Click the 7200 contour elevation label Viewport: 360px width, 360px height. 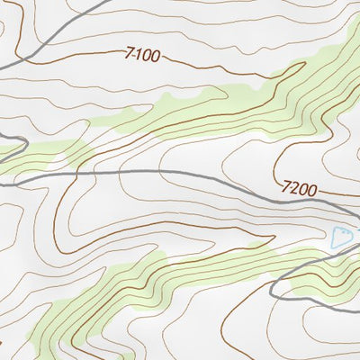point(299,189)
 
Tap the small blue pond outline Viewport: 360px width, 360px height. point(340,238)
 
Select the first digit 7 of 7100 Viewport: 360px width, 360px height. point(130,53)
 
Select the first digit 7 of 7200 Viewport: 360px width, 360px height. point(285,186)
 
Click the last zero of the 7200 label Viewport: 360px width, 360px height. point(312,192)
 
